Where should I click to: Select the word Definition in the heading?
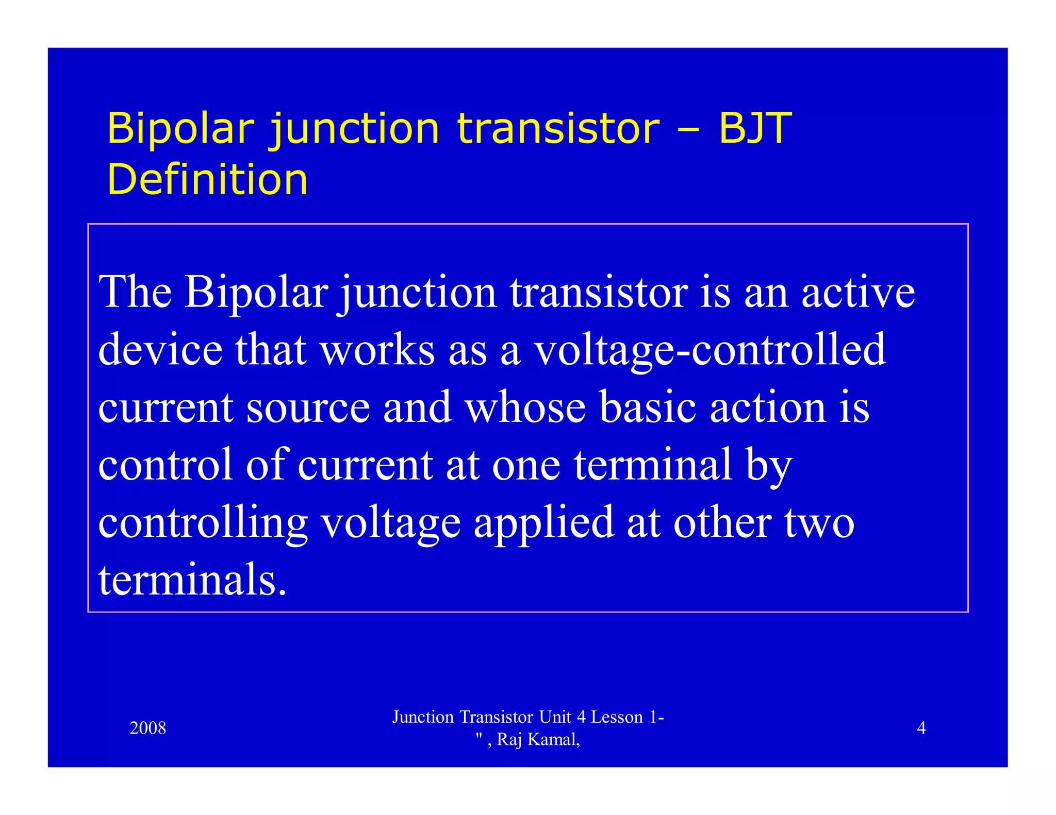207,179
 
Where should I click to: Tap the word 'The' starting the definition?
135,292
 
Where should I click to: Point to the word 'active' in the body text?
857,292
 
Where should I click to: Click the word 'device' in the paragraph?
160,350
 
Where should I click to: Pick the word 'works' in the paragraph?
377,350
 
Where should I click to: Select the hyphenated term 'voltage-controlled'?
709,350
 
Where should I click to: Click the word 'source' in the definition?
308,408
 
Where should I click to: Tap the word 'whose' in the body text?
525,408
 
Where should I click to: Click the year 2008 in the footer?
148,728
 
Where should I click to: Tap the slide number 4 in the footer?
921,728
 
